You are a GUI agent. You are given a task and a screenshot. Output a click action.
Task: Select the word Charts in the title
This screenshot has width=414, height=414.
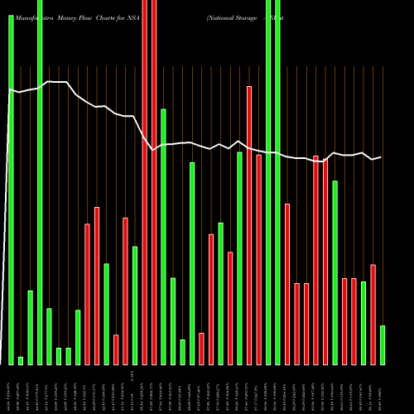(x=116, y=5)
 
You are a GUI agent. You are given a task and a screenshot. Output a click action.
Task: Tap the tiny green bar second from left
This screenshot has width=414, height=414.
(x=21, y=360)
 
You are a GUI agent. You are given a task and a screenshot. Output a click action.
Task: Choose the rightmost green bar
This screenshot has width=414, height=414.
(x=383, y=344)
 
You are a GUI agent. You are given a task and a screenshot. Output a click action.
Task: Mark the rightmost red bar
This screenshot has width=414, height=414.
(x=373, y=314)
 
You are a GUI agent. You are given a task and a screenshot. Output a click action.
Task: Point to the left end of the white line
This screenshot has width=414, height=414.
(x=9, y=90)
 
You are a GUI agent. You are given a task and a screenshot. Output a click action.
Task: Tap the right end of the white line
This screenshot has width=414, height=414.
(x=381, y=156)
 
